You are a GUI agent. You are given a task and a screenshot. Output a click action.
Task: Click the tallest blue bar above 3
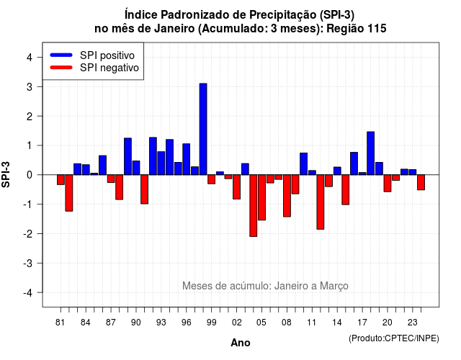203,129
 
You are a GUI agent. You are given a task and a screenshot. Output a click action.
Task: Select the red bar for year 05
261,197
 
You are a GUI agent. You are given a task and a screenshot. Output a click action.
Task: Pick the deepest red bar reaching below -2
254,206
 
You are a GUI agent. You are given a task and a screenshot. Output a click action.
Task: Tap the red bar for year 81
61,179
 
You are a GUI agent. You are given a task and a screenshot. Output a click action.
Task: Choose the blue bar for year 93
161,163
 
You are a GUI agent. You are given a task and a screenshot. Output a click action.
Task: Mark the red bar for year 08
287,196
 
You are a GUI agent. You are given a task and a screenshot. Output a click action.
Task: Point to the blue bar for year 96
187,159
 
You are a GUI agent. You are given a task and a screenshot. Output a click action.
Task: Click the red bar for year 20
388,184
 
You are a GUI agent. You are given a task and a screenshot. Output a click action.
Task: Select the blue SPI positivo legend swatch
61,55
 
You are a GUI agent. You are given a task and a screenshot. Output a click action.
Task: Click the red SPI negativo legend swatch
61,67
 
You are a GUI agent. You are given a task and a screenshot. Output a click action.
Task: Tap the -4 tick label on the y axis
28,293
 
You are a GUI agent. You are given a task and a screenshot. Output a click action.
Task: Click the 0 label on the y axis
30,175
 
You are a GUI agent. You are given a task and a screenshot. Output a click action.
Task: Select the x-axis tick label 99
211,323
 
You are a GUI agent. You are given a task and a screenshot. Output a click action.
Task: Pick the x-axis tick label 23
413,323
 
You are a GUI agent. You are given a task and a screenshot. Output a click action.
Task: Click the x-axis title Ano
241,343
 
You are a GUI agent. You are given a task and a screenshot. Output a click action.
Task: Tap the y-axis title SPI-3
6,174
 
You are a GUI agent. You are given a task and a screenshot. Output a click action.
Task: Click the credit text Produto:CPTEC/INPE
394,338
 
